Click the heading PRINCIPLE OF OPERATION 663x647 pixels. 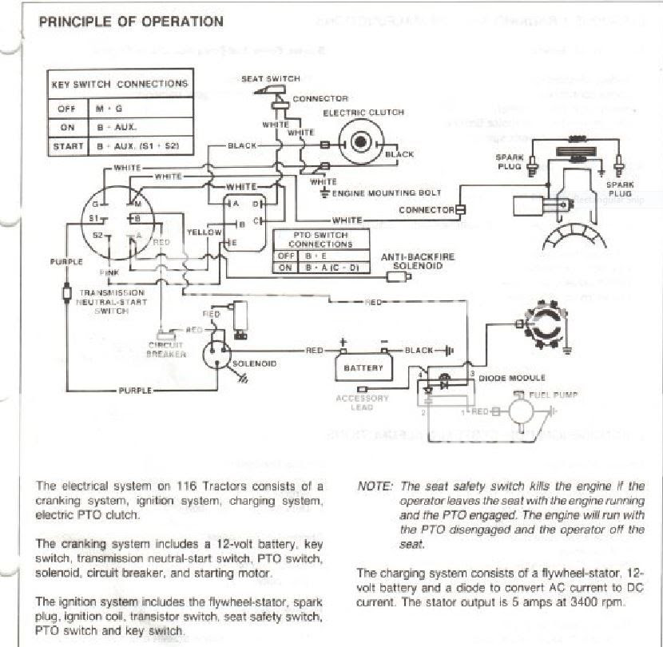click(x=131, y=22)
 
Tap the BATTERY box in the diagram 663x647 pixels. click(x=363, y=367)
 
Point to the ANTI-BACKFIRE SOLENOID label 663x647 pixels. click(x=418, y=261)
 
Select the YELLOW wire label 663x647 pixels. click(x=203, y=232)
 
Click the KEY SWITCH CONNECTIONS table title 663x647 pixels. click(x=120, y=84)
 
